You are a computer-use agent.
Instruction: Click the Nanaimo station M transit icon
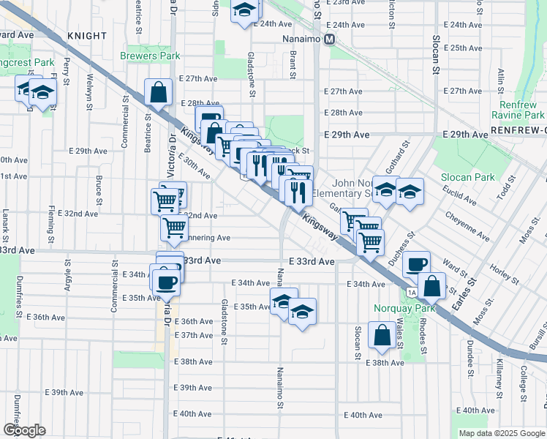pyautogui.click(x=330, y=40)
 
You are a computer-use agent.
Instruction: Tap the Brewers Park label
pyautogui.click(x=150, y=56)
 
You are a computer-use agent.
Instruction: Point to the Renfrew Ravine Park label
pyautogui.click(x=517, y=110)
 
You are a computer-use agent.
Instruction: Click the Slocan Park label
pyautogui.click(x=468, y=177)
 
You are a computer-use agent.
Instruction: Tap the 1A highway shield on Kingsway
pyautogui.click(x=412, y=293)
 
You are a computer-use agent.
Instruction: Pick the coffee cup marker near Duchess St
pyautogui.click(x=416, y=264)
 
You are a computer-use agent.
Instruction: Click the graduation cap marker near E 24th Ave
pyautogui.click(x=245, y=10)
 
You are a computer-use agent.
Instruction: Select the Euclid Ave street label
pyautogui.click(x=460, y=195)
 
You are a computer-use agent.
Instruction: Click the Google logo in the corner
pyautogui.click(x=24, y=429)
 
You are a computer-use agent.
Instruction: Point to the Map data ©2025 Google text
pyautogui.click(x=501, y=433)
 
